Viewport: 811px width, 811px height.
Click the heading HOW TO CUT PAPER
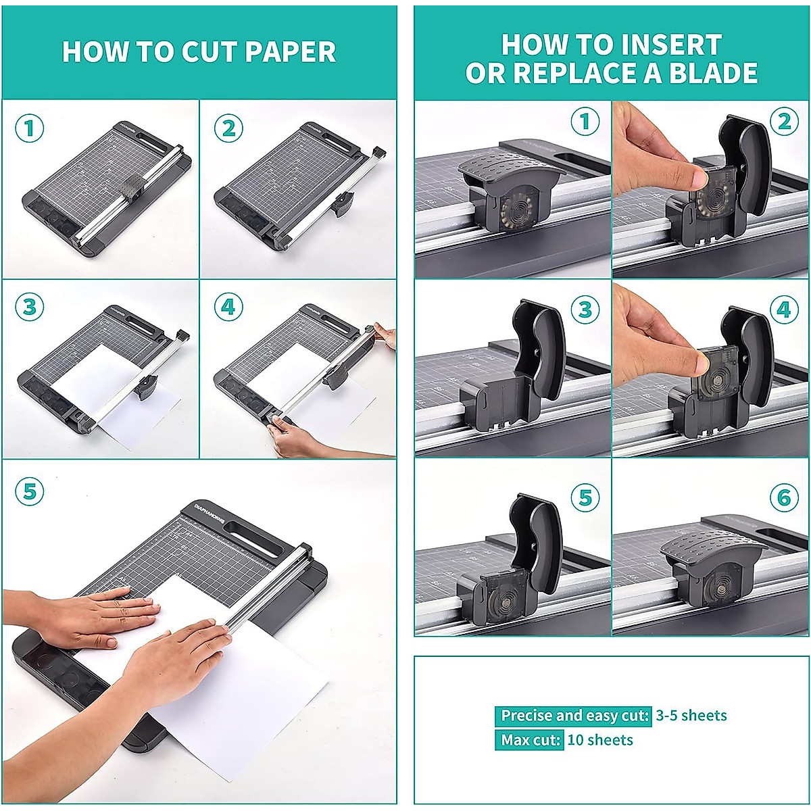click(x=199, y=52)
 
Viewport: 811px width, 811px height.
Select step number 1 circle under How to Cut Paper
click(x=30, y=128)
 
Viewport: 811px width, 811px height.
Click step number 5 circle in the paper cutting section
click(x=30, y=491)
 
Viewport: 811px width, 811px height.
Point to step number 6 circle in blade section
click(x=784, y=499)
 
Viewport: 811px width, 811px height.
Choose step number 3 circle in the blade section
click(x=585, y=310)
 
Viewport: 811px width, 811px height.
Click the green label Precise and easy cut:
click(x=574, y=716)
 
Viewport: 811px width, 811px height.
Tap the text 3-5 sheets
click(x=691, y=716)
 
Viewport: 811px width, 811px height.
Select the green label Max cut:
click(x=530, y=740)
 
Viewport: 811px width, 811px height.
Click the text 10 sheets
click(x=600, y=740)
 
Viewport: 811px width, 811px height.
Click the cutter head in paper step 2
click(x=344, y=202)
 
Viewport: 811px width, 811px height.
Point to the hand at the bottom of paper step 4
click(x=297, y=439)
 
